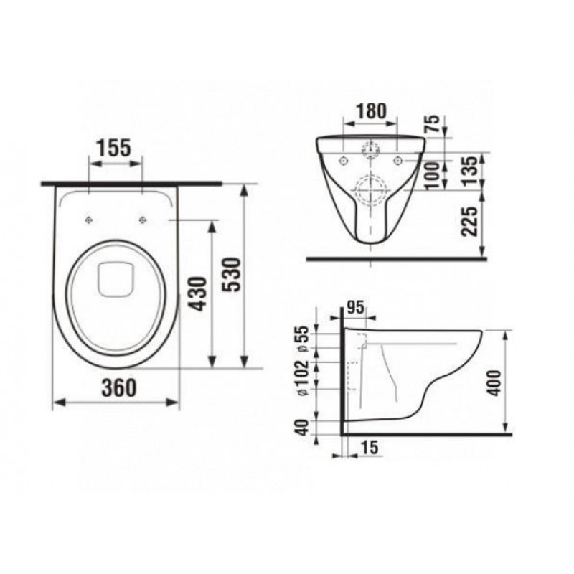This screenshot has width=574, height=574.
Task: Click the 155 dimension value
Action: coord(113,149)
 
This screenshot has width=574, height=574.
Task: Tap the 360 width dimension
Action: coord(119,387)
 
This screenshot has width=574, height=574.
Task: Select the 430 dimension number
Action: coord(200,294)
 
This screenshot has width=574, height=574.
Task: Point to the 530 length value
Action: coord(232,275)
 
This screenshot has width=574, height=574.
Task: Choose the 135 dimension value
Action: coord(471,171)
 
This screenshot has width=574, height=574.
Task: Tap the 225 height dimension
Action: coord(471,222)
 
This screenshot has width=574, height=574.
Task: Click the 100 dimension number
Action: coord(433,175)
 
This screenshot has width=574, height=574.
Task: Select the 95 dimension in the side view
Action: coord(355,308)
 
